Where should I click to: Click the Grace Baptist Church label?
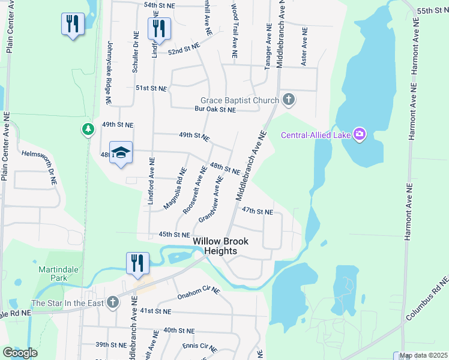click(240, 100)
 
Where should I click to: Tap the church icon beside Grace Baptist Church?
click(289, 100)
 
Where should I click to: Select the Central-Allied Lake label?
click(316, 134)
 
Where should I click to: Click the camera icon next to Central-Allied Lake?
click(360, 134)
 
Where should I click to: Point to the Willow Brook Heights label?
click(220, 246)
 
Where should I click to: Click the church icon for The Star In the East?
click(112, 302)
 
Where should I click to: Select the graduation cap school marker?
click(121, 152)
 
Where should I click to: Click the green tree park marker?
click(88, 129)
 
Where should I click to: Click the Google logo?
click(20, 353)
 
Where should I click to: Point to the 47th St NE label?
click(258, 212)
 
